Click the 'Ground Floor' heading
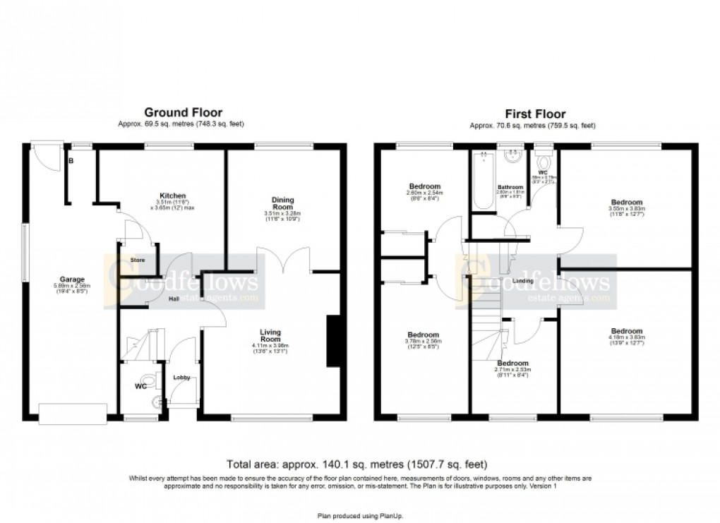coord(183,112)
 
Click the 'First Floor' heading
coord(534,114)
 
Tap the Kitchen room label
coord(172,196)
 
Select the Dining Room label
coord(282,203)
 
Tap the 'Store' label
coord(138,260)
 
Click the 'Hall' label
coord(174,299)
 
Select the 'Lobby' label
coord(182,377)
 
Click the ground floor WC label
coord(140,386)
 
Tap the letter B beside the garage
coord(70,161)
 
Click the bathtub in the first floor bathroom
coord(484,181)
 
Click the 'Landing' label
coord(523,281)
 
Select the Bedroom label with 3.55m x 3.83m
coord(626,202)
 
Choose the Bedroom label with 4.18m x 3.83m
coord(626,331)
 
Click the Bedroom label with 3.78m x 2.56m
coord(423,335)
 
